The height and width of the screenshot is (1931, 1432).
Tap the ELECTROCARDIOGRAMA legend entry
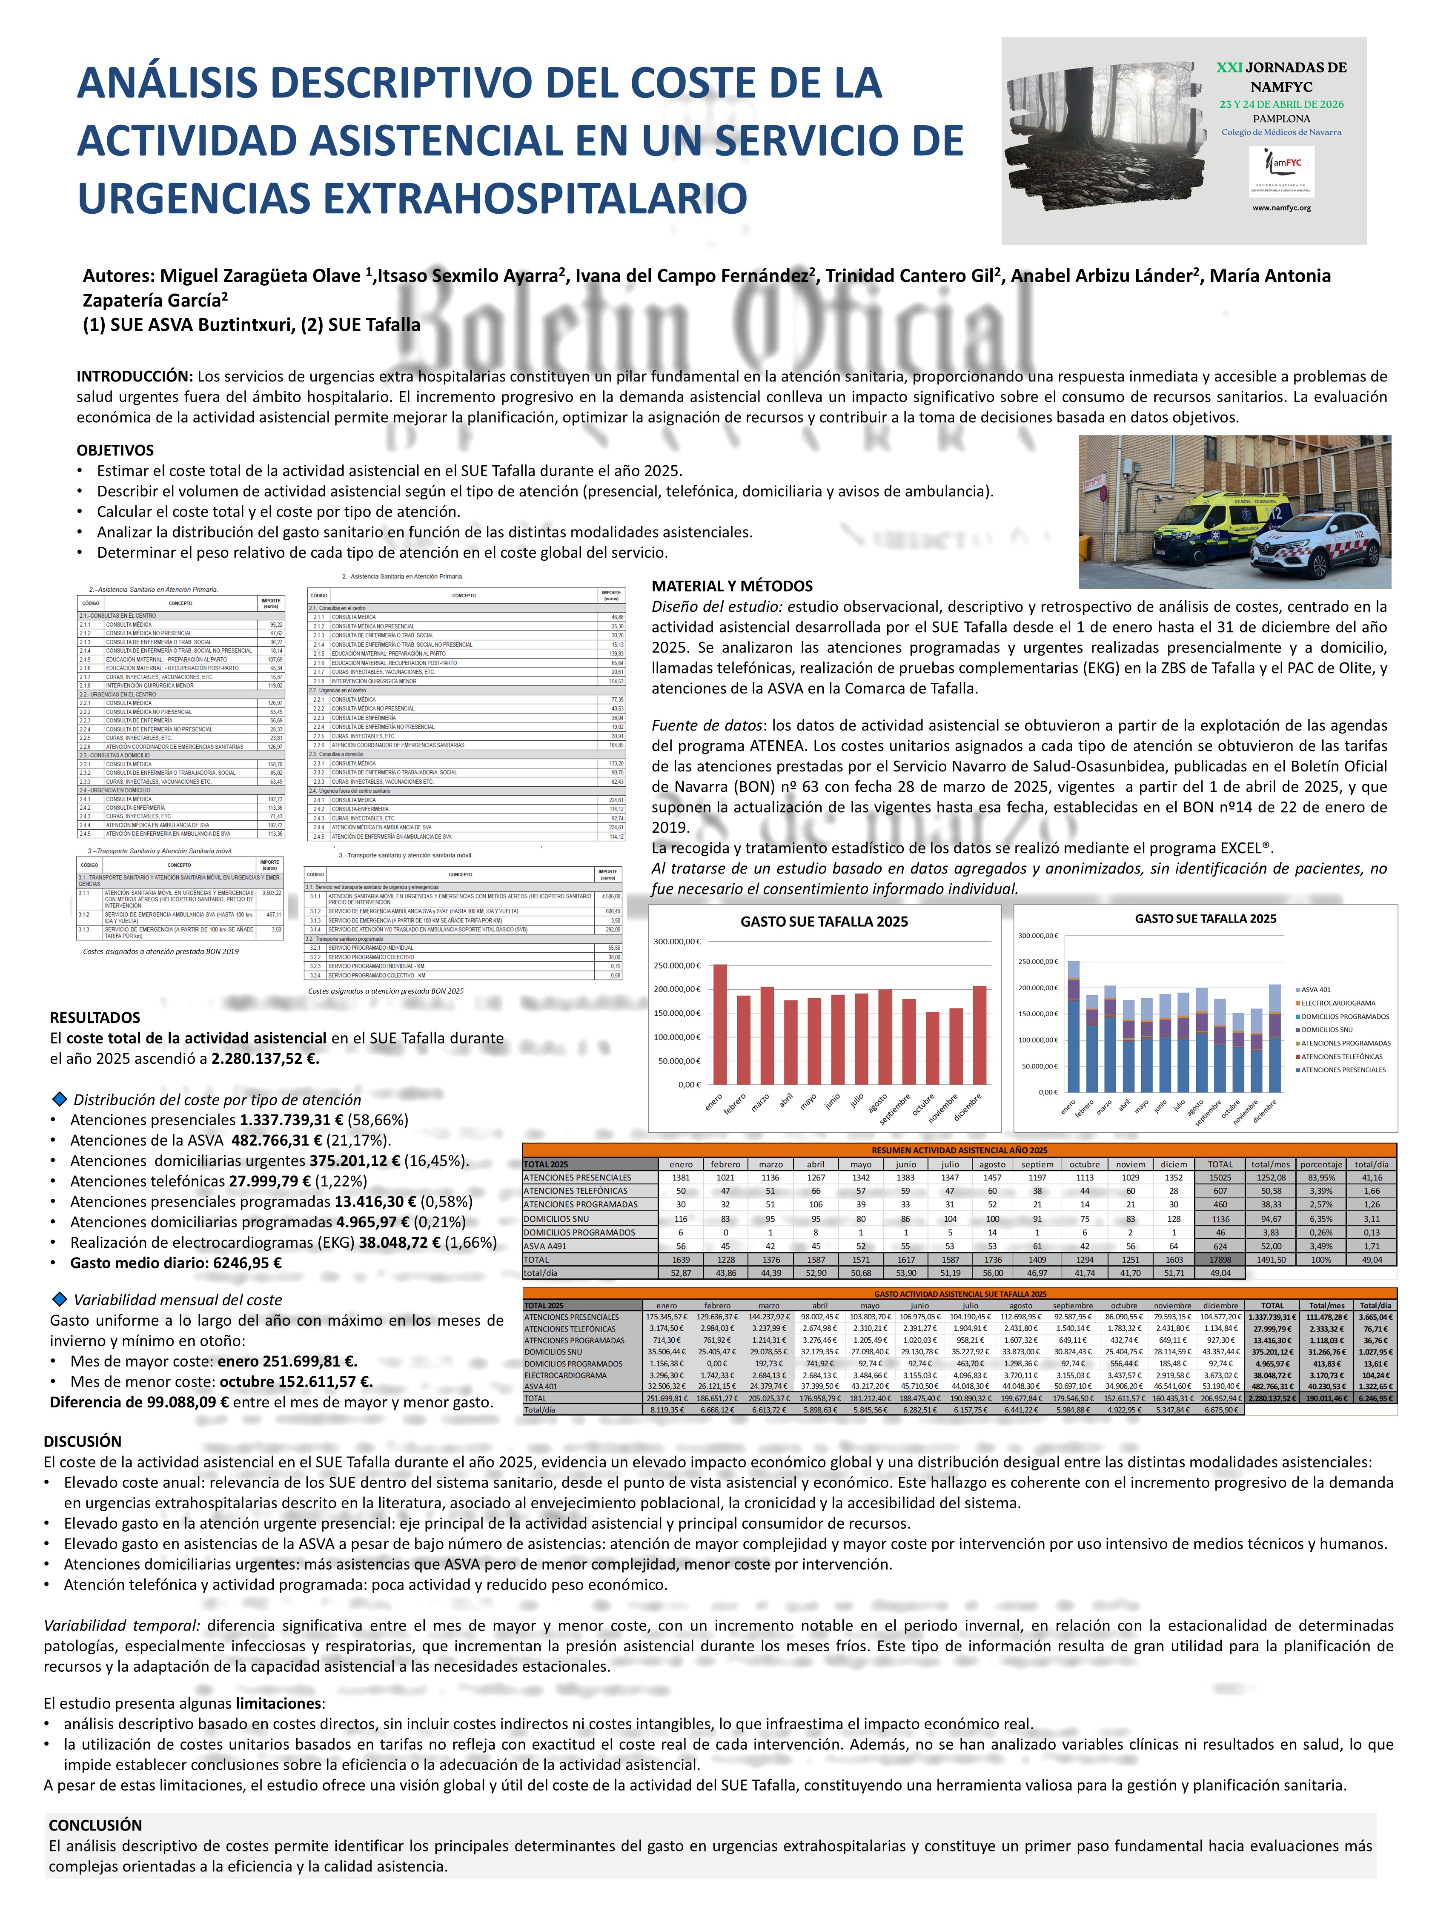[x=1337, y=1003]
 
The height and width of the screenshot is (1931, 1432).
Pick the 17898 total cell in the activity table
[x=1220, y=1259]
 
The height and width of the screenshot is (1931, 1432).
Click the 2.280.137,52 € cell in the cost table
[x=1272, y=1398]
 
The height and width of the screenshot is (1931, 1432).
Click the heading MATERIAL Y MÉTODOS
[x=732, y=586]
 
